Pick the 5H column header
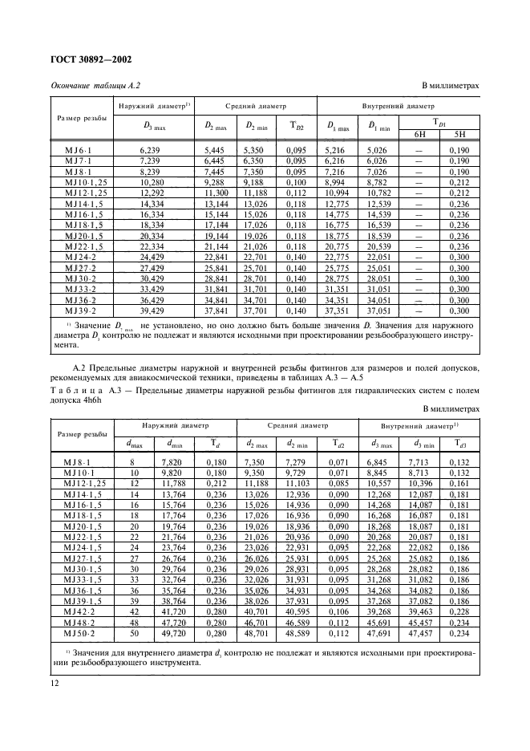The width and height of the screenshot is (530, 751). (459, 133)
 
